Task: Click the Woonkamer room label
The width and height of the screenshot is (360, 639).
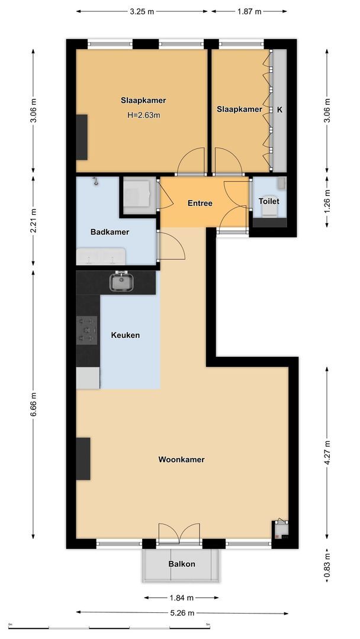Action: (181, 459)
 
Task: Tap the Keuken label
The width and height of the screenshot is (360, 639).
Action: (126, 335)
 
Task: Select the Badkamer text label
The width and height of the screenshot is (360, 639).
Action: (110, 232)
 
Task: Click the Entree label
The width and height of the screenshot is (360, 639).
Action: (200, 203)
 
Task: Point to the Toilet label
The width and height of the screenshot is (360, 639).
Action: (268, 201)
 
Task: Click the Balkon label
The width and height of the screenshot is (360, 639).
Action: (181, 564)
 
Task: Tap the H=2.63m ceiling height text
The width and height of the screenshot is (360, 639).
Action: (143, 115)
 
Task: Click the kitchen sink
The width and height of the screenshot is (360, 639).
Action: (122, 282)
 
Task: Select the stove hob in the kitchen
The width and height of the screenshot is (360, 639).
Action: (87, 330)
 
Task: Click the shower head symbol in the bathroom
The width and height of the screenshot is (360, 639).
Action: (94, 182)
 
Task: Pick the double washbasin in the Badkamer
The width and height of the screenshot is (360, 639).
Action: (100, 257)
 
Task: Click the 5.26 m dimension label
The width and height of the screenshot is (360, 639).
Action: (182, 613)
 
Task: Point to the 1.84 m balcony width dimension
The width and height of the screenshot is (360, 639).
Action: (181, 598)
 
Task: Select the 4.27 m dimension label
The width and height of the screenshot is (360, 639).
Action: (327, 453)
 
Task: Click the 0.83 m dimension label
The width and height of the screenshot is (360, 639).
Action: (327, 565)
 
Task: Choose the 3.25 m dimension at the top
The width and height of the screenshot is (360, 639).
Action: (142, 11)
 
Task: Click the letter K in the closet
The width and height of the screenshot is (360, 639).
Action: (279, 109)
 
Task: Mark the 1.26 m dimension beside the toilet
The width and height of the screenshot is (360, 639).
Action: (327, 201)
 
